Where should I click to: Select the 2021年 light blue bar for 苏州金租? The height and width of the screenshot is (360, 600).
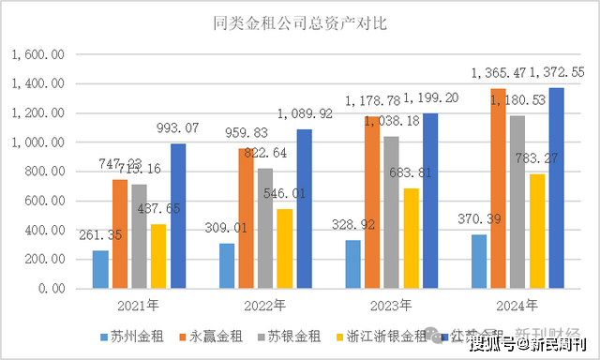100,269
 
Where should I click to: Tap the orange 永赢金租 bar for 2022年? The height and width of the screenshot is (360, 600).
246,217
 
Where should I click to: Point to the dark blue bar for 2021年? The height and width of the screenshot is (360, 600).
178,216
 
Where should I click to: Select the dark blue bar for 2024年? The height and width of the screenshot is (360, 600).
557,187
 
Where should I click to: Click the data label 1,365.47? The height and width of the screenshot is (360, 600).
497,72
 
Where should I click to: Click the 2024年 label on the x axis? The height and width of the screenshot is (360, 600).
518,306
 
